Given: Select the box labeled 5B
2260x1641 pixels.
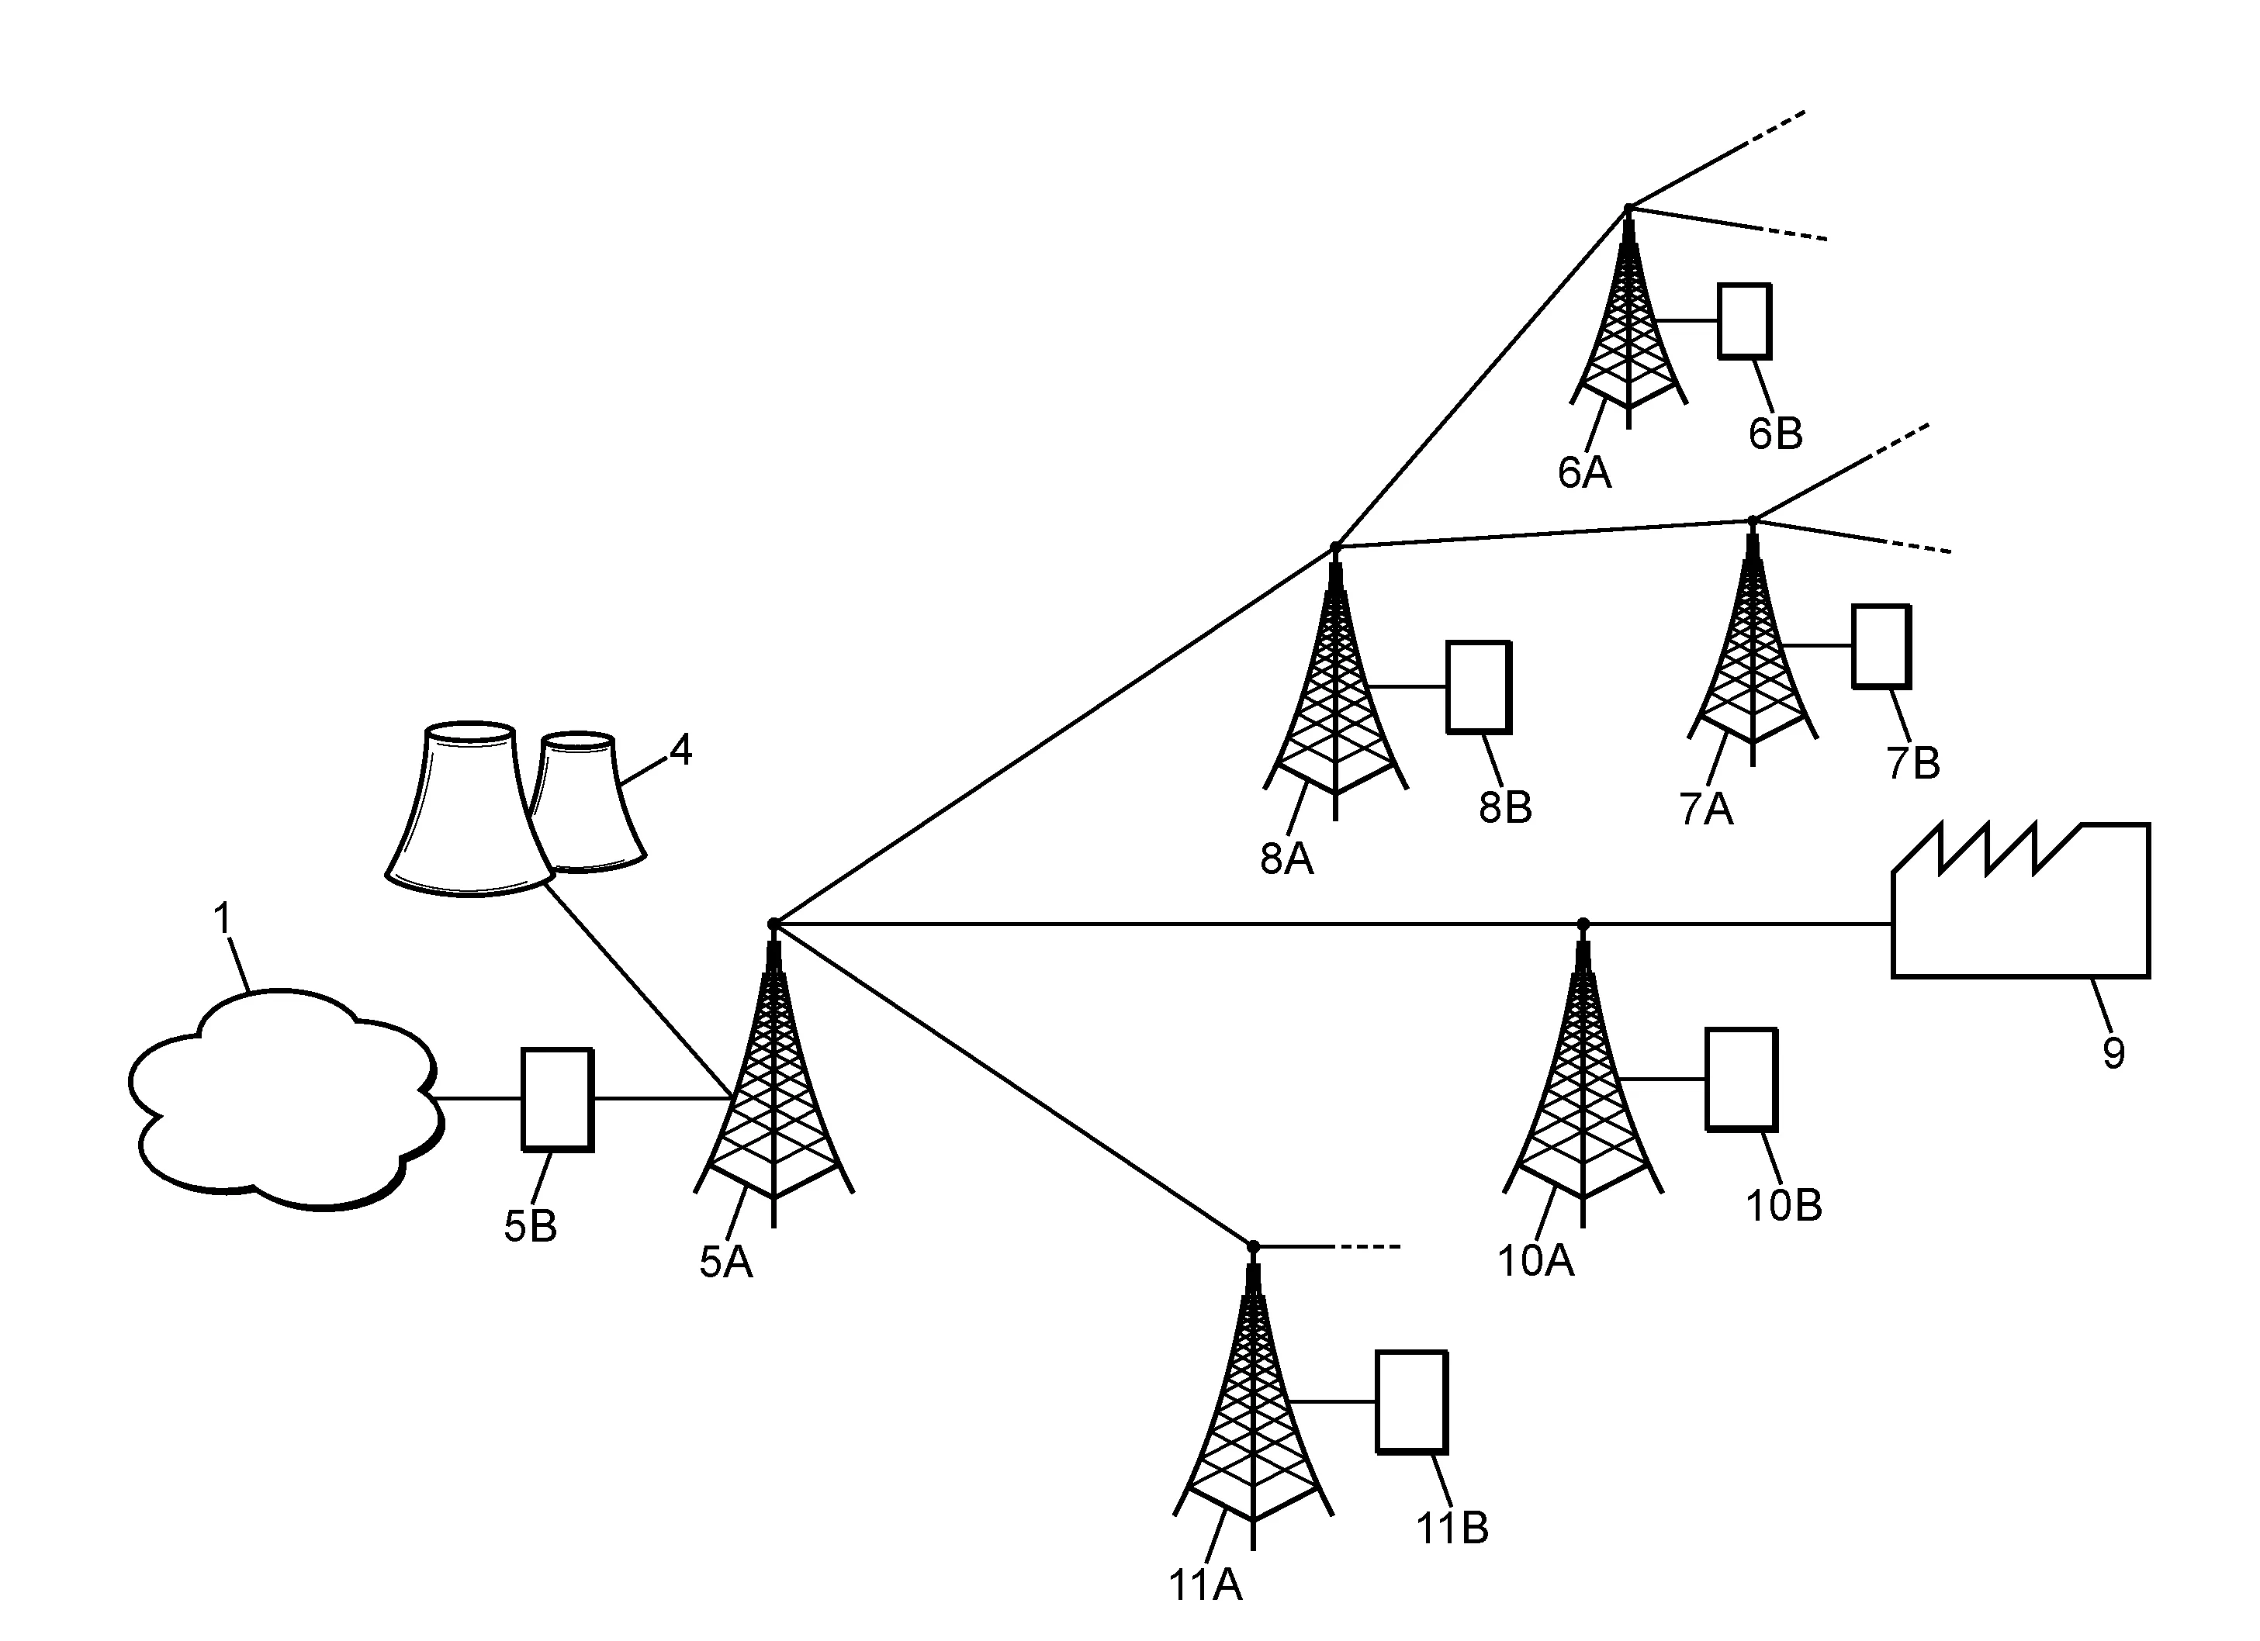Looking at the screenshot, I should (x=557, y=1099).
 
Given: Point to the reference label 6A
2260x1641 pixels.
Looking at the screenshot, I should (x=1584, y=472).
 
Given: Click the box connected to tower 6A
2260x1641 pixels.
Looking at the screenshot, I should (x=1745, y=321).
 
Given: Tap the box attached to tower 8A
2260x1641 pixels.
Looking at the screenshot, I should (x=1479, y=687).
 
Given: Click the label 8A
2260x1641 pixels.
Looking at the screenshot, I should (x=1286, y=859).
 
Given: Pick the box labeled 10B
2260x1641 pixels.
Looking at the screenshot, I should (x=1741, y=1079).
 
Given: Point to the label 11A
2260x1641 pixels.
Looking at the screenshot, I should (x=1205, y=1585).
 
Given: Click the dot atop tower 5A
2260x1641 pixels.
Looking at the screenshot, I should (x=774, y=924).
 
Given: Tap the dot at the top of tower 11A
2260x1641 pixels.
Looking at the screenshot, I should (x=1254, y=1246).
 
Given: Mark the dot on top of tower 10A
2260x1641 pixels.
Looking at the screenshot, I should (x=1583, y=924).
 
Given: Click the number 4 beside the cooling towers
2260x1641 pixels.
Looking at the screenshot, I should (x=680, y=750).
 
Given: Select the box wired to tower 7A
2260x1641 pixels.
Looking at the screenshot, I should (x=1881, y=646).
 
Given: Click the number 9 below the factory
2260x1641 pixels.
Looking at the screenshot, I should (x=2113, y=1053).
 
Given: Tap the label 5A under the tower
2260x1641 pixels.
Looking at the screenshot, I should (x=725, y=1263).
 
